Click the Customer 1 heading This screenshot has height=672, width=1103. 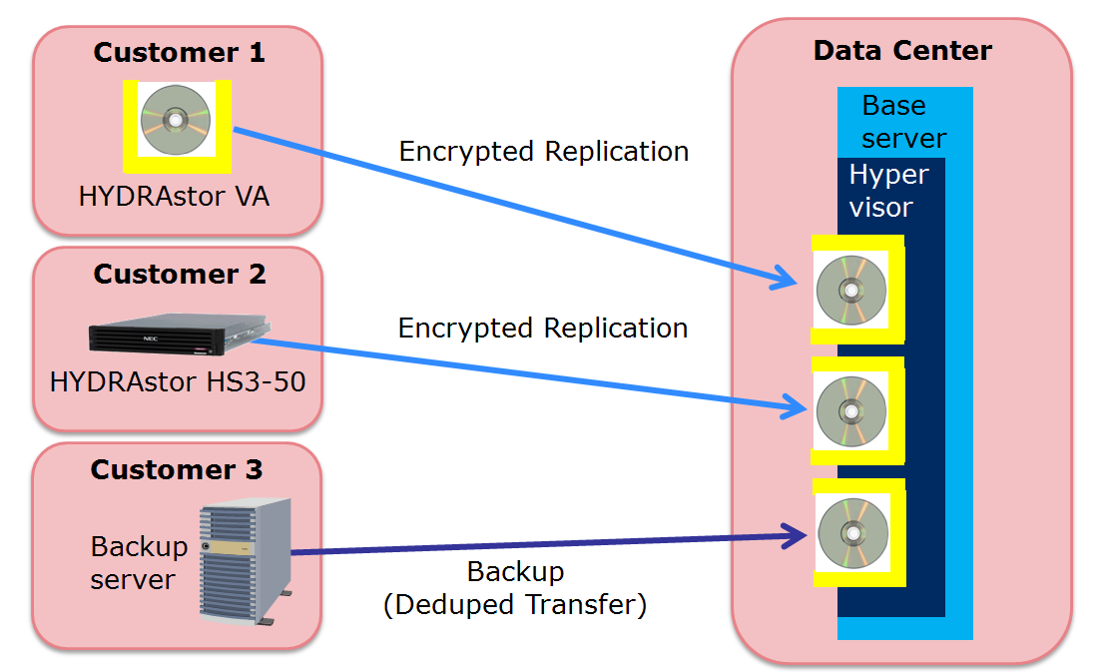tap(179, 53)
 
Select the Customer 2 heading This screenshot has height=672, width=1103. tap(180, 274)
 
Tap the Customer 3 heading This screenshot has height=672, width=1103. tap(177, 469)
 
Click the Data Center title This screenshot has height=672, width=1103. tap(902, 51)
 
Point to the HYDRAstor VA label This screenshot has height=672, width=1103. tap(175, 196)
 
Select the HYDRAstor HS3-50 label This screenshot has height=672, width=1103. tap(178, 381)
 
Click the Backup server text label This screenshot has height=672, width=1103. tap(139, 563)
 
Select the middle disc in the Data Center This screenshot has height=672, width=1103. tap(851, 410)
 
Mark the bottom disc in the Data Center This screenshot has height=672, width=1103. tap(852, 533)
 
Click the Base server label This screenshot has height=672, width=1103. tap(902, 121)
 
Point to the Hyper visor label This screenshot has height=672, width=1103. tap(888, 190)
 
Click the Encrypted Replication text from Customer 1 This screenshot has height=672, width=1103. tap(543, 152)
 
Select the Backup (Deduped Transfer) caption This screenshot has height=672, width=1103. tap(515, 588)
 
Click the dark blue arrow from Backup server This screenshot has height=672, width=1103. tap(549, 544)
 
